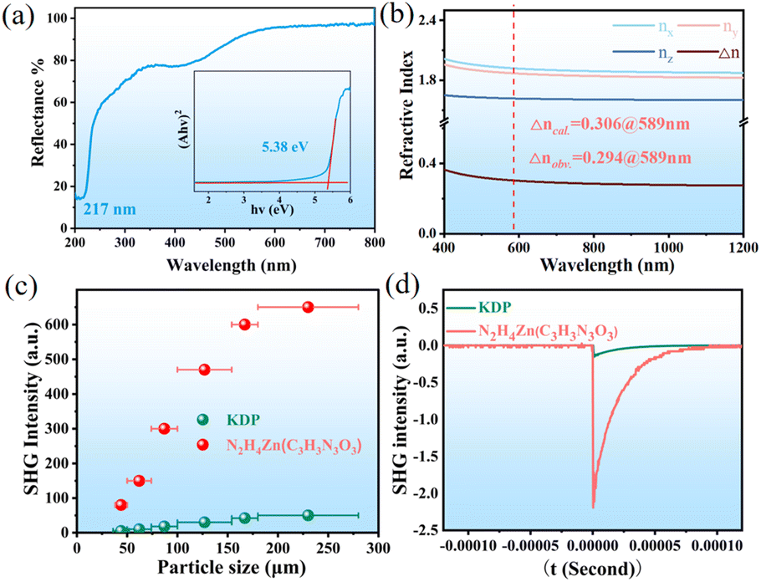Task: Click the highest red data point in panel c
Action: click(x=308, y=307)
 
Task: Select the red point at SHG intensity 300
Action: click(x=164, y=428)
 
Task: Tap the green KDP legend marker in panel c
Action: click(x=202, y=420)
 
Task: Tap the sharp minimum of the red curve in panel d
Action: click(x=593, y=507)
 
